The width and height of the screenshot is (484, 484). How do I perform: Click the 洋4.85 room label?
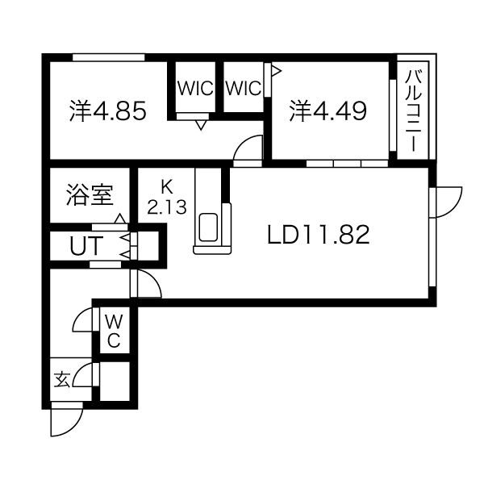tap(107, 111)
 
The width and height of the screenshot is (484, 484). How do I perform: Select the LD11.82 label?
tap(319, 235)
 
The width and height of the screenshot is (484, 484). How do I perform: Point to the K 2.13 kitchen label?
tap(167, 196)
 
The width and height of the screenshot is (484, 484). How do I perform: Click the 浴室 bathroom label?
tap(89, 194)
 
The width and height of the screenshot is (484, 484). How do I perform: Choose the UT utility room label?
tap(83, 245)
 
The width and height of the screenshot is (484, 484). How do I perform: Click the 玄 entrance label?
tap(62, 378)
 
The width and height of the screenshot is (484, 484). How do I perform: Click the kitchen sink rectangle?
tap(211, 228)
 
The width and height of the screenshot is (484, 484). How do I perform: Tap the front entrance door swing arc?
tap(66, 422)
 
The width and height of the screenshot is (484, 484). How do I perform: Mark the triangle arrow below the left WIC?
tap(200, 124)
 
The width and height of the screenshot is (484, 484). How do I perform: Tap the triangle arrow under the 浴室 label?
tap(119, 219)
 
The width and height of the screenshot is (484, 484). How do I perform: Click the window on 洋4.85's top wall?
tap(108, 57)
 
